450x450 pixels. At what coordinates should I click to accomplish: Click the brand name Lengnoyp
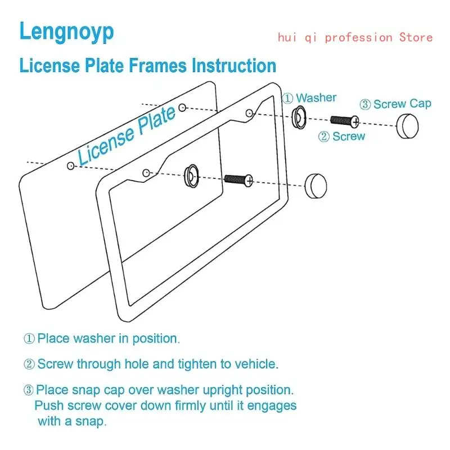tap(66, 31)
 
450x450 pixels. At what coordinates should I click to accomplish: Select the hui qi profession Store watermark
tap(355, 38)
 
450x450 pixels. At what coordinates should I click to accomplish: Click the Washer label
tap(316, 98)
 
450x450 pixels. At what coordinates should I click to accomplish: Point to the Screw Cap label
tap(402, 104)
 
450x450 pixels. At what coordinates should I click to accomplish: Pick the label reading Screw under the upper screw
tap(349, 136)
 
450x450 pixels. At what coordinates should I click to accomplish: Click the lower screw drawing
tap(238, 180)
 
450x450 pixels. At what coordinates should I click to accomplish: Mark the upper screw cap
tap(408, 125)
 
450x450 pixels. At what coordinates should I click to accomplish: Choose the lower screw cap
tap(316, 185)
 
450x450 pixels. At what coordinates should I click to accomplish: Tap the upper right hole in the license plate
tap(182, 107)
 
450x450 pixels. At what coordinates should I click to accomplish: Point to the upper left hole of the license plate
tap(70, 165)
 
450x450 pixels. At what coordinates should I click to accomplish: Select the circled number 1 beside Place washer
tap(29, 339)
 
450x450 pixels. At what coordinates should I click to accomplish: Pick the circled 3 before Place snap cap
tap(29, 390)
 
